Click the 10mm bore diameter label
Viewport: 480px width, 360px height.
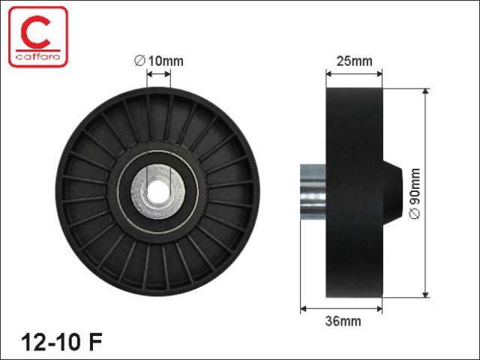[x=158, y=61]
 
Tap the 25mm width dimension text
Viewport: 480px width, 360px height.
[x=354, y=61]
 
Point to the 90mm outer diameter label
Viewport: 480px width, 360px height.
[x=415, y=193]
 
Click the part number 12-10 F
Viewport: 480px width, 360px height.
[x=61, y=342]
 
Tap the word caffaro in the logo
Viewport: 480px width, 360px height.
[x=38, y=56]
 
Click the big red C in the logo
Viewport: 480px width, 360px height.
[x=35, y=32]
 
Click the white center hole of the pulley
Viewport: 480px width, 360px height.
[x=158, y=192]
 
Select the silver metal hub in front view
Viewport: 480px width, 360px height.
[x=158, y=192]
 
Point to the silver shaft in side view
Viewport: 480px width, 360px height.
[x=313, y=192]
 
